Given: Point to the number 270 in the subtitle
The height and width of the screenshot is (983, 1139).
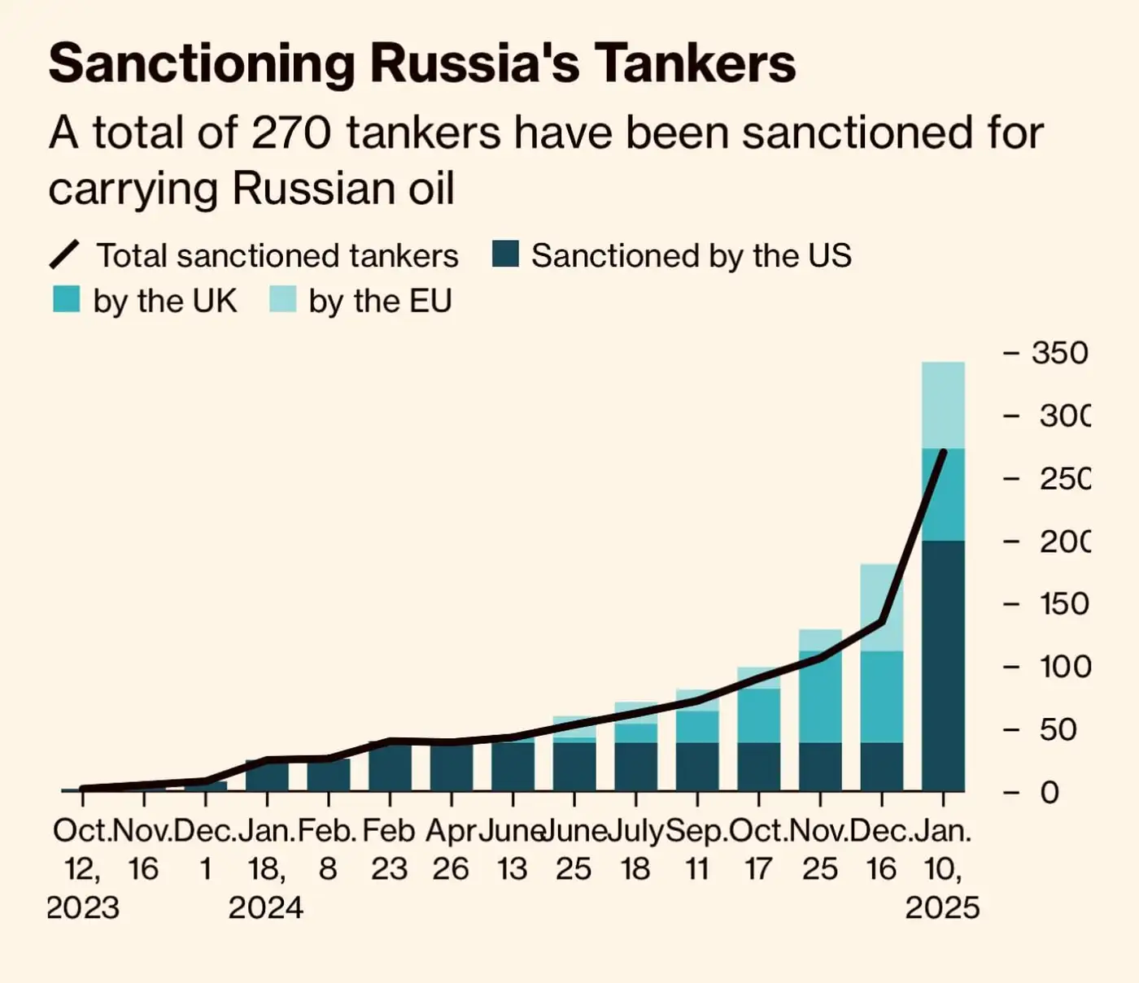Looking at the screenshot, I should (x=290, y=133).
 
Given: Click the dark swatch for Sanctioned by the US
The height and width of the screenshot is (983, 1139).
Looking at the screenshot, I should (x=505, y=254).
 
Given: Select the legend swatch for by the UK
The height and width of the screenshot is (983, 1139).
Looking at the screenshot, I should (x=66, y=299).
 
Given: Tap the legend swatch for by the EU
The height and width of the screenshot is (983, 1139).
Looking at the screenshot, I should (x=282, y=299).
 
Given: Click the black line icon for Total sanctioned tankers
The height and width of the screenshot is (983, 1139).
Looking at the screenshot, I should (x=65, y=254).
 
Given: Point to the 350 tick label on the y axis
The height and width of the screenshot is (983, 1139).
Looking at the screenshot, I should (x=1058, y=353).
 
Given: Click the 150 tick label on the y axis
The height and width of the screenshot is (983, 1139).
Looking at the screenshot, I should (x=1063, y=604).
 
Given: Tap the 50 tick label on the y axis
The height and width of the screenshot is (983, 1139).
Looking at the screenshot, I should (x=1058, y=729).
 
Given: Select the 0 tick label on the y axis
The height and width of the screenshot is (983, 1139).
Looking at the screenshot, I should (x=1050, y=792).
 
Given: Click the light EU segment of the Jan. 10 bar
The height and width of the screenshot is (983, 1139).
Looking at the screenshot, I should (x=943, y=405).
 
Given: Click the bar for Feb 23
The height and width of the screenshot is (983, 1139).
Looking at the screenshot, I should (x=390, y=767).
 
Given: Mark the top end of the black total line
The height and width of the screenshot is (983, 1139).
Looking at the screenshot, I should (x=944, y=451).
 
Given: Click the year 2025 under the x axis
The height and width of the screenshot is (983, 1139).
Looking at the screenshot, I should (x=942, y=907).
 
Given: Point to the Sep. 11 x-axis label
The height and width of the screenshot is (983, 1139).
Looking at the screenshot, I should (x=696, y=850).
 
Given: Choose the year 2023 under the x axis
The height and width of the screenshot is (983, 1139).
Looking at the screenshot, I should (x=83, y=907).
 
